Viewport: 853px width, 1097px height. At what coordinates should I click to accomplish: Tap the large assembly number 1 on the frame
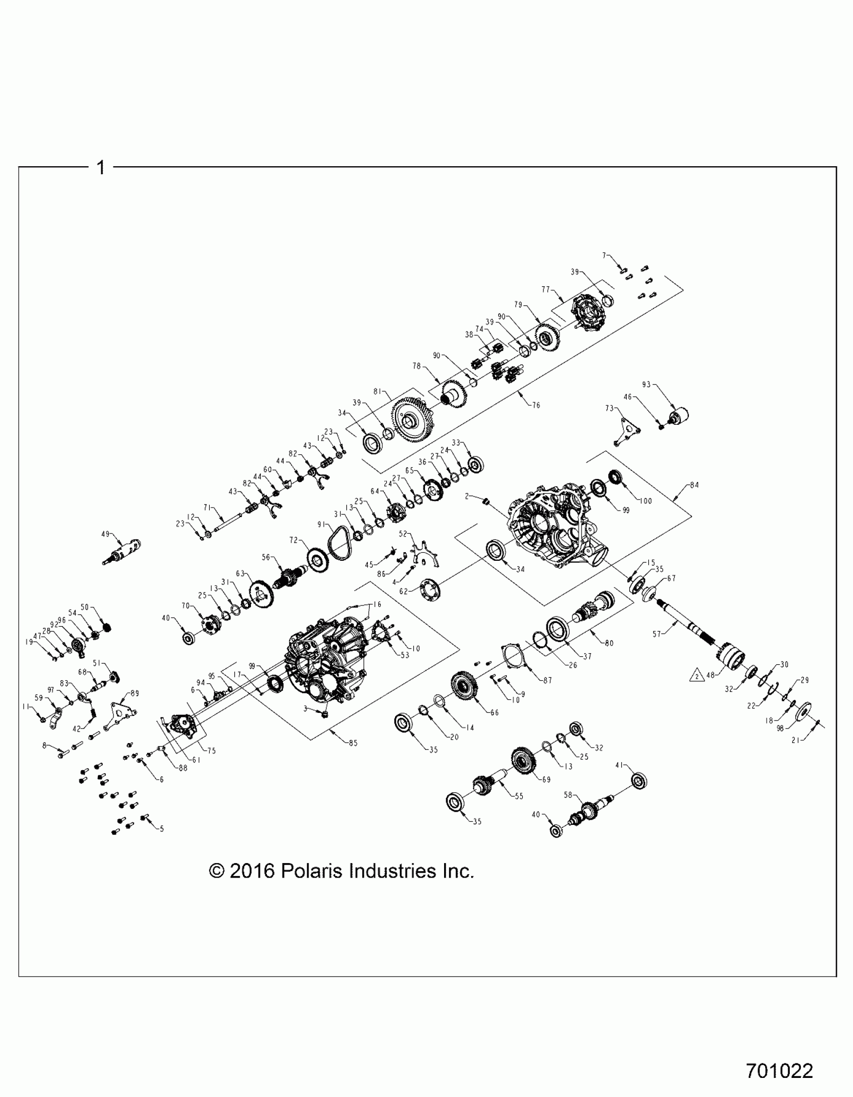pos(101,167)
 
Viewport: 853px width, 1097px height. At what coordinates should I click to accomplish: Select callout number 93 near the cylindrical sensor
pos(646,385)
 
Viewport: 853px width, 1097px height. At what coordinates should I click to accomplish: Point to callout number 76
pos(536,405)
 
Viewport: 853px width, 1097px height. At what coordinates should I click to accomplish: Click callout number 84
pos(694,485)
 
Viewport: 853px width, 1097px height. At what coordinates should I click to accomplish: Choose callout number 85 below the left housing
pos(353,743)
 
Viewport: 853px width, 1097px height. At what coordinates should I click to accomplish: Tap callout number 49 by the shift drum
pos(105,534)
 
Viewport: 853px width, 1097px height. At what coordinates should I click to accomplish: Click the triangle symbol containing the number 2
pos(697,676)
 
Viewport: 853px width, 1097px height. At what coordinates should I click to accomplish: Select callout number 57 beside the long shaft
pos(657,635)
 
